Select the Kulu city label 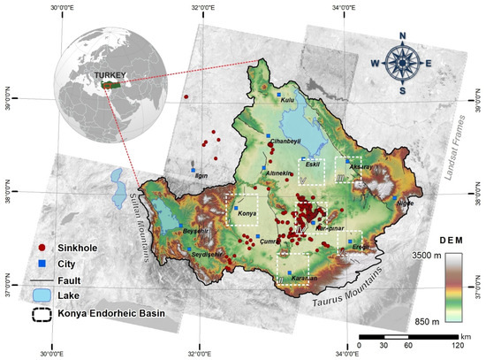point(286,101)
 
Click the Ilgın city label point(201,175)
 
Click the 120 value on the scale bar point(457,345)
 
